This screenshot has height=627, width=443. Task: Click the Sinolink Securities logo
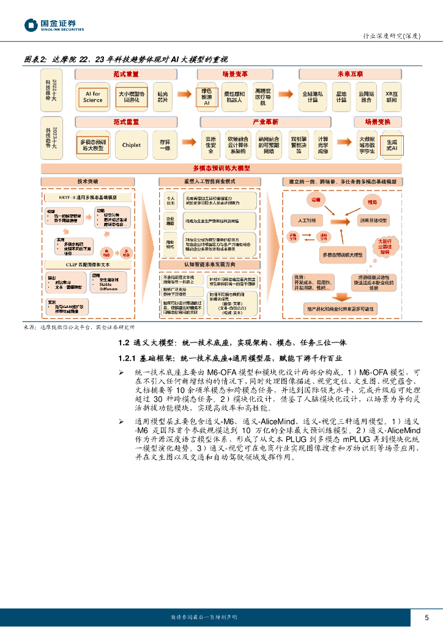[x=54, y=25]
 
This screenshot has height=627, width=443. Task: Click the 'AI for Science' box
[x=93, y=97]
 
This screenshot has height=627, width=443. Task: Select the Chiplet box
[x=131, y=145]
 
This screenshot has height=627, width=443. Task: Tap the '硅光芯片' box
[x=163, y=97]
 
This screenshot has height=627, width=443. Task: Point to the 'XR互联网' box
[x=392, y=97]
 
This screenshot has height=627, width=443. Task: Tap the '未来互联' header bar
[x=350, y=73]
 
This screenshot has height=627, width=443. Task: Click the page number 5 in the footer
[x=426, y=617]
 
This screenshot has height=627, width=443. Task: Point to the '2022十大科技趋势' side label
[x=54, y=89]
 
